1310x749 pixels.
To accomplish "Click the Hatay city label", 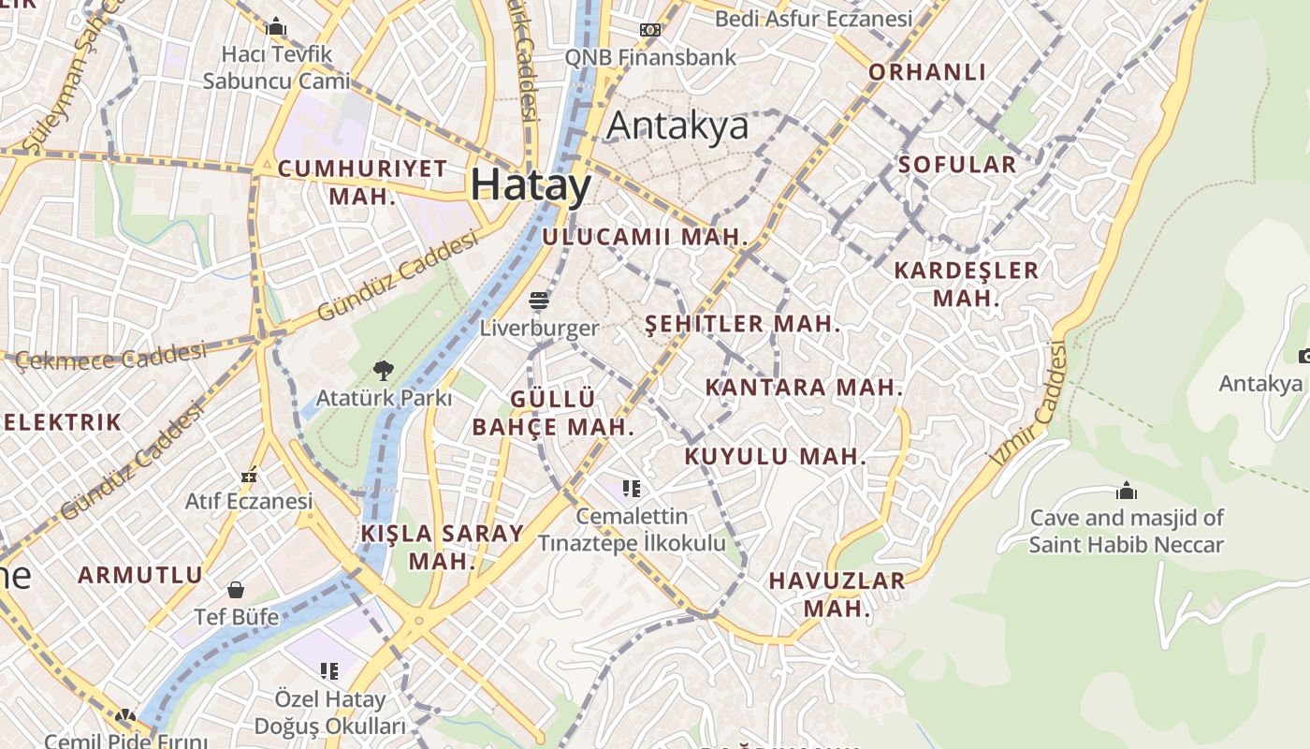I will [531, 184].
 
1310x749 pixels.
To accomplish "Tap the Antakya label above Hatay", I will [678, 125].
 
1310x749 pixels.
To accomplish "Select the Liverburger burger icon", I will [539, 301].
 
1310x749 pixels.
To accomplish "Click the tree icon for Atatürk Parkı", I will [383, 370].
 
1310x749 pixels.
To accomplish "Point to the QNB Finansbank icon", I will [650, 30].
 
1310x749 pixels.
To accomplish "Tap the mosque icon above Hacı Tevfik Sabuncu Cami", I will [276, 27].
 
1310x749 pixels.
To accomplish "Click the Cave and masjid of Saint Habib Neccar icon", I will [1127, 491].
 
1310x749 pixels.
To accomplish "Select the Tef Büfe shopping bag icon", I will [236, 590].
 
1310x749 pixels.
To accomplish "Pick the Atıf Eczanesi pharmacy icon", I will [248, 476].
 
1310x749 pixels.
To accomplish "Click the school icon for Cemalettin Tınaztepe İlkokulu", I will [632, 488].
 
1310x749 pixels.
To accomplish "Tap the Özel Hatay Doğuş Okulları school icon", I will [329, 670].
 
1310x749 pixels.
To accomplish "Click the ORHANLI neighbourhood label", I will [927, 72].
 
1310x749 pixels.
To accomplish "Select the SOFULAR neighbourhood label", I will [956, 165].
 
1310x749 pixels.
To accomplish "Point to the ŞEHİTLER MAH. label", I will [743, 324].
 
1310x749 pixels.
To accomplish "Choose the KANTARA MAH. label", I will [804, 387].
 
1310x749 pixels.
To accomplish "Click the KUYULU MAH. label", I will [776, 457].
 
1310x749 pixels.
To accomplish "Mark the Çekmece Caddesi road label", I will [110, 356].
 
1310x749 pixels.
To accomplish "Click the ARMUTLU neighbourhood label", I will [140, 575].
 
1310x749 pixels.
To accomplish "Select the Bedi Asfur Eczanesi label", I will [813, 19].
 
